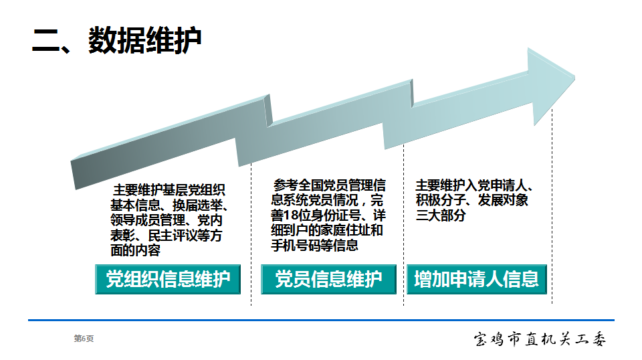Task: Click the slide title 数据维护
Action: coord(144,40)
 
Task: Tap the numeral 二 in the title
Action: coord(46,41)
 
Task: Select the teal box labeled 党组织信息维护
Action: coord(168,279)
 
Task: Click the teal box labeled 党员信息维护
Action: coord(328,279)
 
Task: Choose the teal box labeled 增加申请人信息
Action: coord(477,279)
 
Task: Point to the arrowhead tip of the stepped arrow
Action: coord(574,76)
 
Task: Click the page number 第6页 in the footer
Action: coord(84,339)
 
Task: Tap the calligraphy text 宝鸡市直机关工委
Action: coord(540,339)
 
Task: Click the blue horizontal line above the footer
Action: coord(321,320)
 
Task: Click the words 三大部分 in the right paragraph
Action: coord(441,215)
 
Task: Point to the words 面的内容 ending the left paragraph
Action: coord(135,250)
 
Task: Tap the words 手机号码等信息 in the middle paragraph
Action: coord(314,246)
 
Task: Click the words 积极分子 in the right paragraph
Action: coord(441,200)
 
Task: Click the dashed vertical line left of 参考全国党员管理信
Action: coord(251,234)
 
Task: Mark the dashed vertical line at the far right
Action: coord(552,206)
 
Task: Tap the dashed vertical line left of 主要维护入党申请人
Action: coord(404,224)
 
